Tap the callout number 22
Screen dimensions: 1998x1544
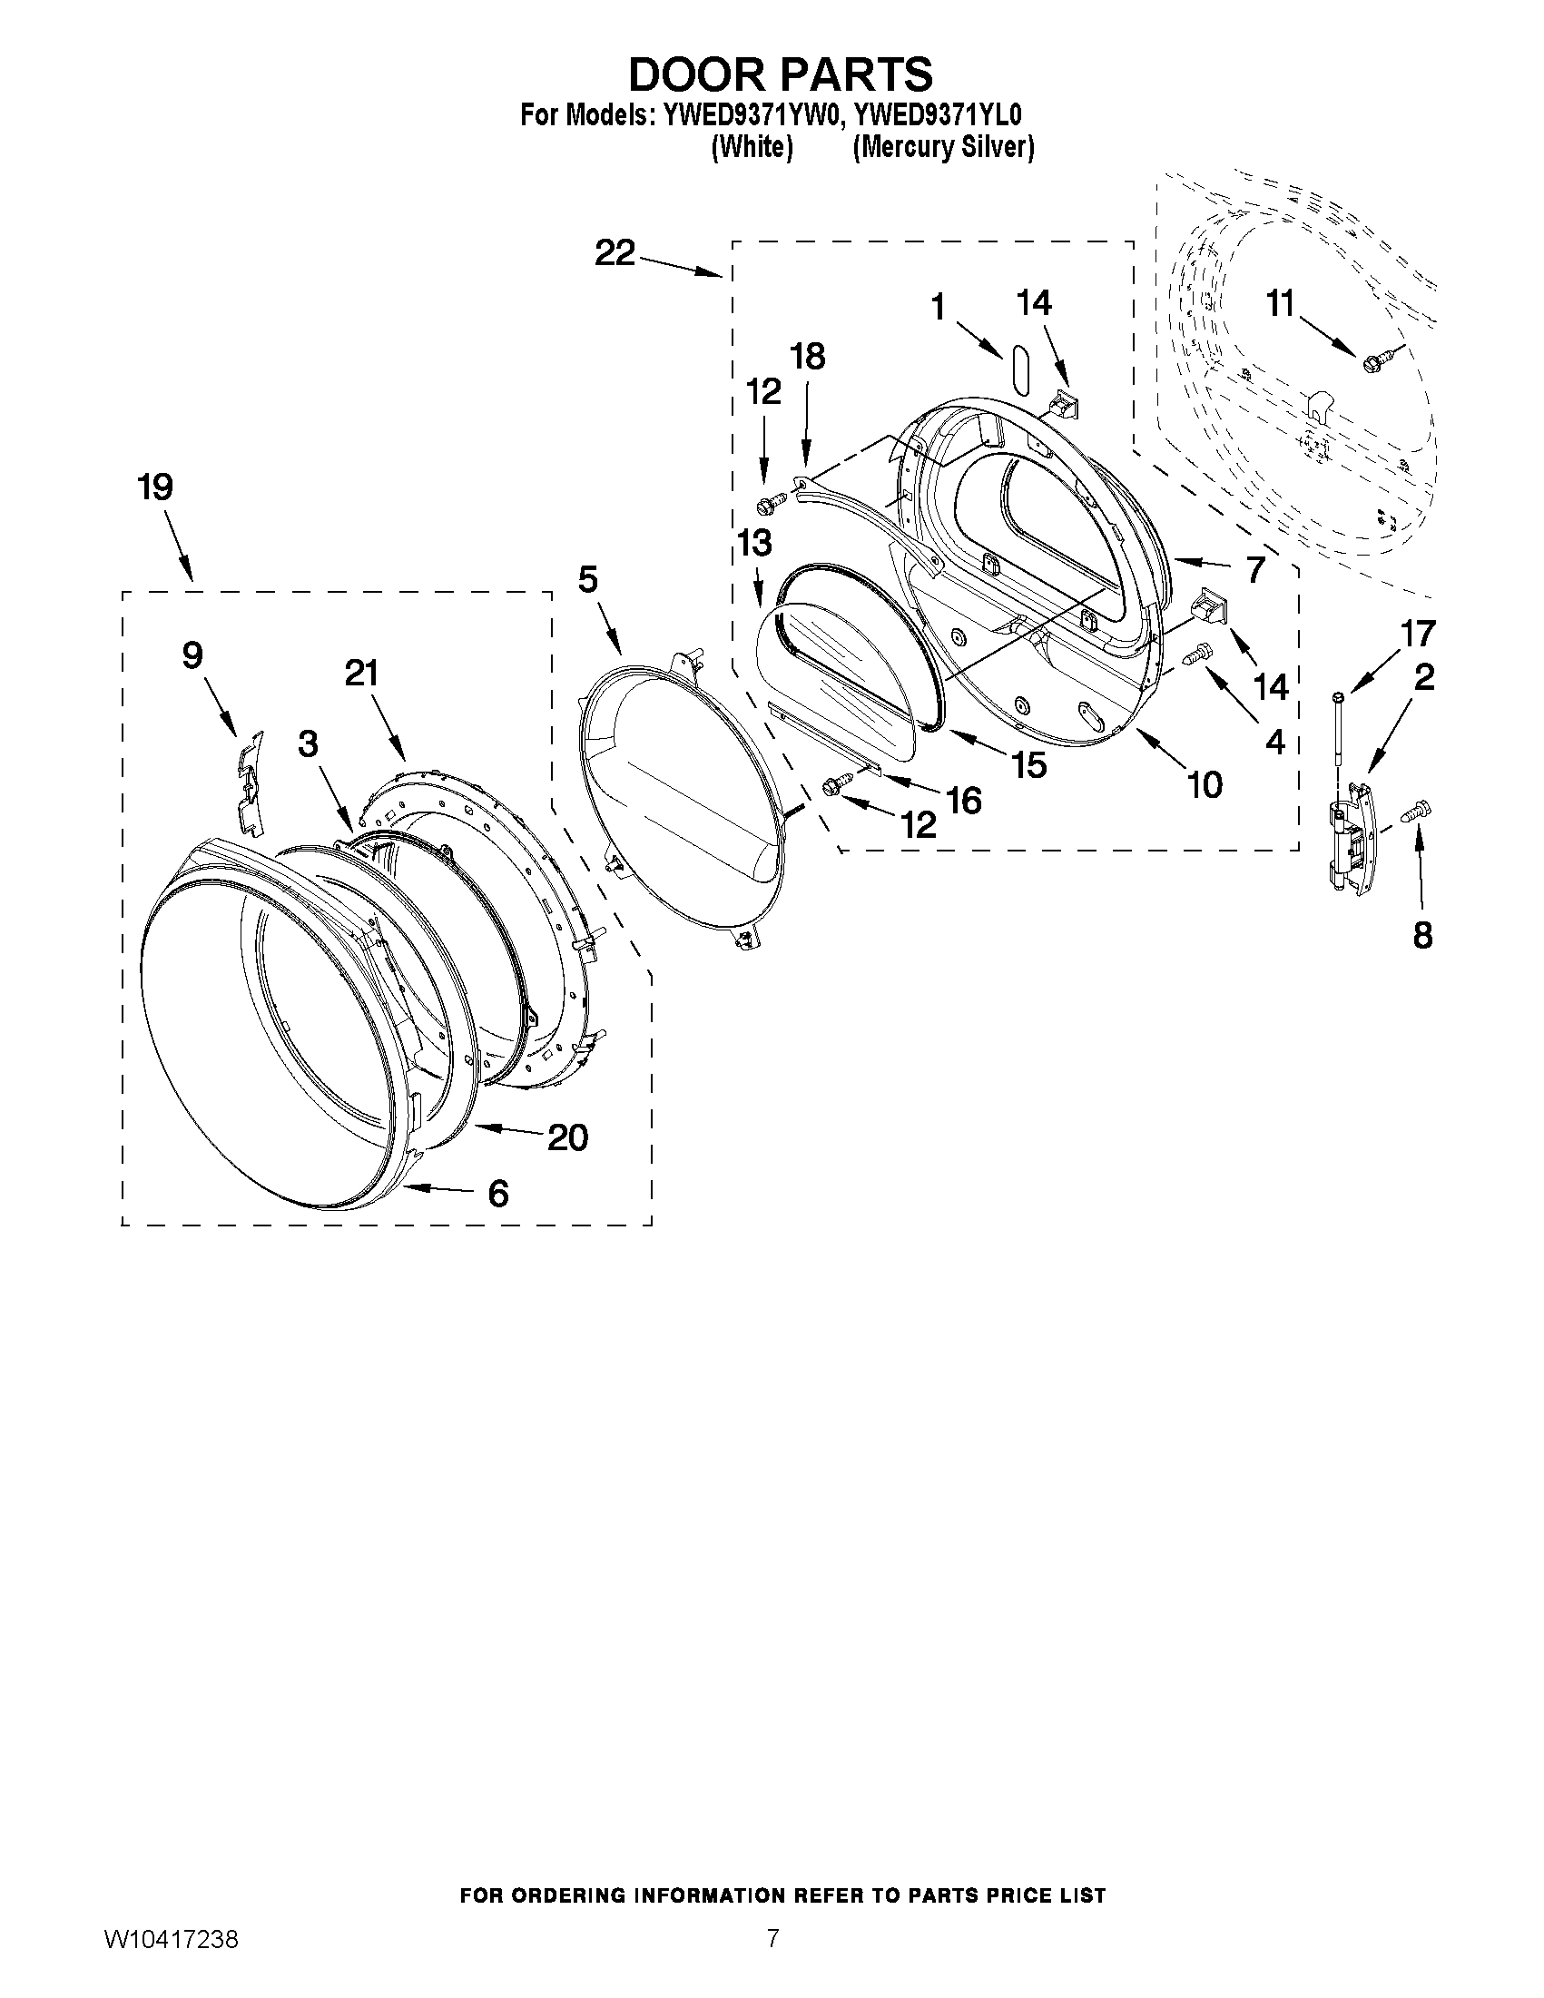(x=615, y=253)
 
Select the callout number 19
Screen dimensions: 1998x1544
(x=155, y=487)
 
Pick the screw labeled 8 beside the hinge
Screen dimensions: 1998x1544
(x=1416, y=811)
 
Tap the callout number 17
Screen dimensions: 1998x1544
(x=1419, y=633)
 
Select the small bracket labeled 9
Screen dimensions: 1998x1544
(x=248, y=782)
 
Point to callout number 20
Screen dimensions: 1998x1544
(x=567, y=1138)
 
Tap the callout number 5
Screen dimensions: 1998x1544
(x=587, y=580)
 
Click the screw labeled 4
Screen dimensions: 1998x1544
(x=1197, y=654)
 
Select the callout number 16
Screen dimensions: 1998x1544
(x=965, y=801)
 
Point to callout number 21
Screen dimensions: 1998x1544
(x=361, y=674)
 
